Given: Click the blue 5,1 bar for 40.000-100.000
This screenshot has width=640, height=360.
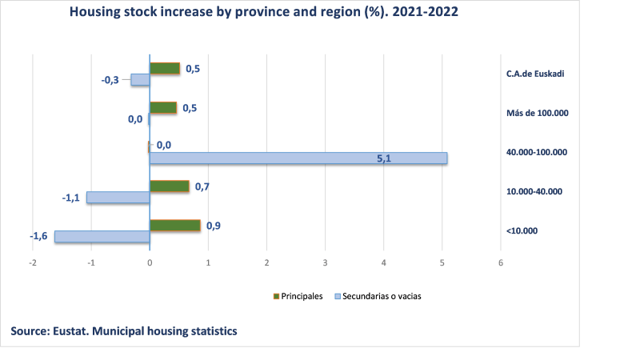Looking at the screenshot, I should point(298,158).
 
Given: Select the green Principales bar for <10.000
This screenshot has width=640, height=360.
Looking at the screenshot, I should point(174,226).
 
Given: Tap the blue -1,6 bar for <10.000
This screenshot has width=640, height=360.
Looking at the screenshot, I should point(102,237).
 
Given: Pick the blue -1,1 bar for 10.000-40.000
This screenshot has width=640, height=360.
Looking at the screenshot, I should point(118,197).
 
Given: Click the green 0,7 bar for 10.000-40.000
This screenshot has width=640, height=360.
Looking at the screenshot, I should point(170,186).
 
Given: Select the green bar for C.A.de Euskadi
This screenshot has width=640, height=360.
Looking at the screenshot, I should point(165,69).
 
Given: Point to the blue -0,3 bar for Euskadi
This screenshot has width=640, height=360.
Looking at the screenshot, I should point(140,80).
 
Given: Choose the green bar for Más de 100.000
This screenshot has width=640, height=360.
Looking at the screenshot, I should point(163,108).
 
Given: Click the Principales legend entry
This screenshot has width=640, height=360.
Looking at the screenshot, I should point(298,296).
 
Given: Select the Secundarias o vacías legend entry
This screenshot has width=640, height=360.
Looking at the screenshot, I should point(378,296).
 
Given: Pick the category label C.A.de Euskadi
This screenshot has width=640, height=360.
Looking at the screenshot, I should point(536,74).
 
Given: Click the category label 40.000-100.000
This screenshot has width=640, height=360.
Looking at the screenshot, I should point(536,152).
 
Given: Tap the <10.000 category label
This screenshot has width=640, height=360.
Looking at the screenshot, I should point(522,231).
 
